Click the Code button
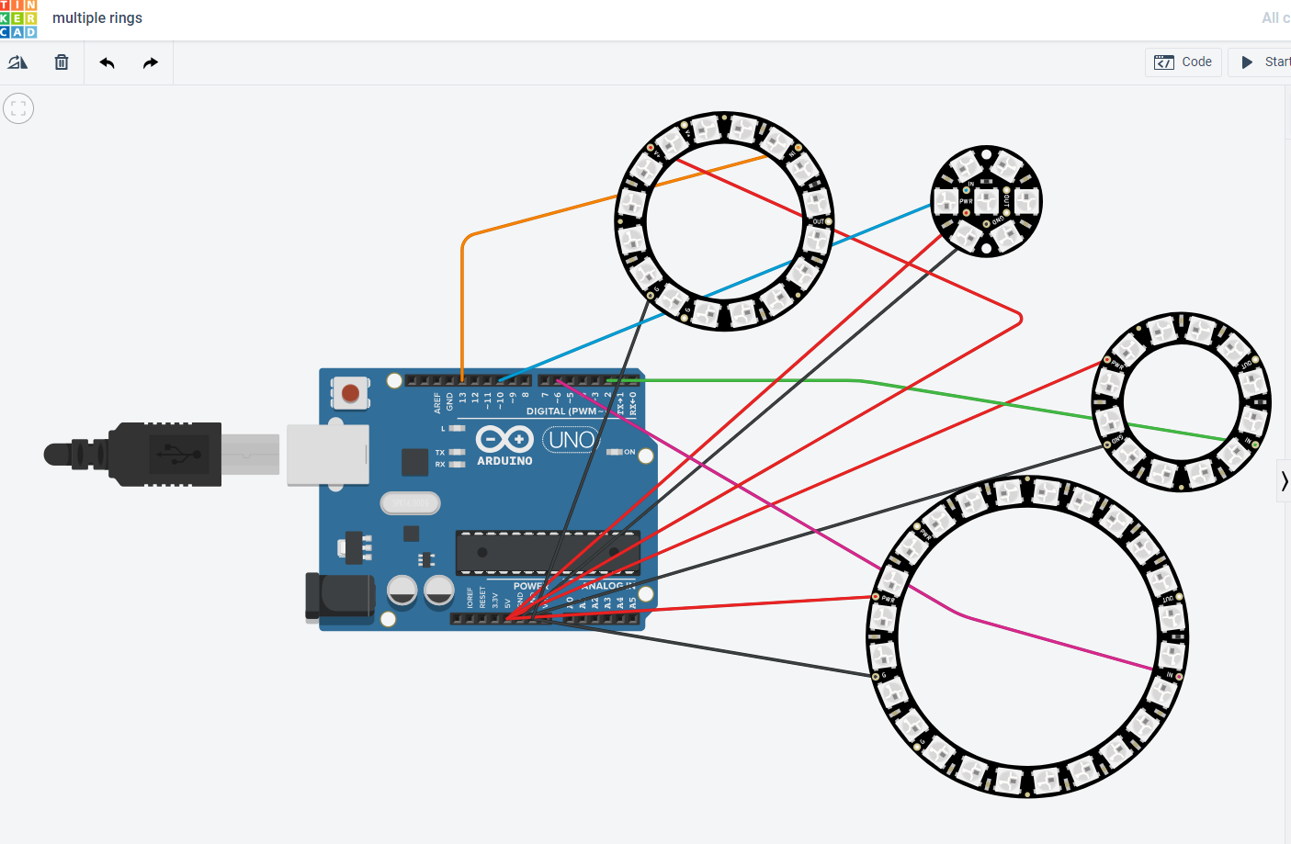click(1183, 62)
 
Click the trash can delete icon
click(62, 62)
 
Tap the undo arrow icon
click(108, 62)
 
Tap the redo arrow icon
click(151, 62)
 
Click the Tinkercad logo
click(18, 18)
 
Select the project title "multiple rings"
click(97, 18)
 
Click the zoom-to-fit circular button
click(18, 108)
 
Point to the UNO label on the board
click(572, 440)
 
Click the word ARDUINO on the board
click(504, 461)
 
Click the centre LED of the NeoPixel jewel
click(987, 201)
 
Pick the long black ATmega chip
click(548, 552)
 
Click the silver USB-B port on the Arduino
click(327, 455)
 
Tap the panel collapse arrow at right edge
click(1284, 480)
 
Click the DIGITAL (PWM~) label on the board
click(563, 411)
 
